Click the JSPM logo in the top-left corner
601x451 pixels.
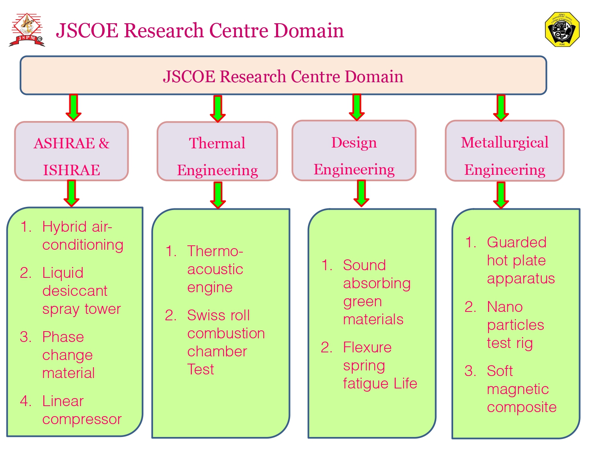pyautogui.click(x=27, y=30)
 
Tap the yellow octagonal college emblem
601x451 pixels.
pyautogui.click(x=562, y=29)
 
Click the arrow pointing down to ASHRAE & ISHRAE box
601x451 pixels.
pyautogui.click(x=73, y=107)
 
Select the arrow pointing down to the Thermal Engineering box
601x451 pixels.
pyautogui.click(x=218, y=109)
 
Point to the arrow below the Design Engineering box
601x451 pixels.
pyautogui.click(x=361, y=193)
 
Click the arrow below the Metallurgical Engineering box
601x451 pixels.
pyautogui.click(x=501, y=195)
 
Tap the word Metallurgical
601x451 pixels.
pyautogui.click(x=504, y=143)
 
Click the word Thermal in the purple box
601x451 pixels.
pyautogui.click(x=217, y=143)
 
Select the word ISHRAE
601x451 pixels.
pyautogui.click(x=71, y=170)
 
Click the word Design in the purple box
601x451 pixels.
pyautogui.click(x=354, y=143)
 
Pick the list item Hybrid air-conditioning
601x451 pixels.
pyautogui.click(x=83, y=236)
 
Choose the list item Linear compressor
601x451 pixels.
pyautogui.click(x=82, y=411)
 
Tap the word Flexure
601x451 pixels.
pyautogui.click(x=367, y=348)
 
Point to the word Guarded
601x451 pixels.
pyautogui.click(x=516, y=243)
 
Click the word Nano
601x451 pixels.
pyautogui.click(x=504, y=307)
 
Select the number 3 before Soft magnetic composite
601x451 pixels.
pyautogui.click(x=470, y=371)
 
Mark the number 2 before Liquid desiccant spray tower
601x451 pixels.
pyautogui.click(x=25, y=273)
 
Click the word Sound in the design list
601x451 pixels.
pyautogui.click(x=364, y=265)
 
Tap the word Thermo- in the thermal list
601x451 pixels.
pyautogui.click(x=215, y=251)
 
